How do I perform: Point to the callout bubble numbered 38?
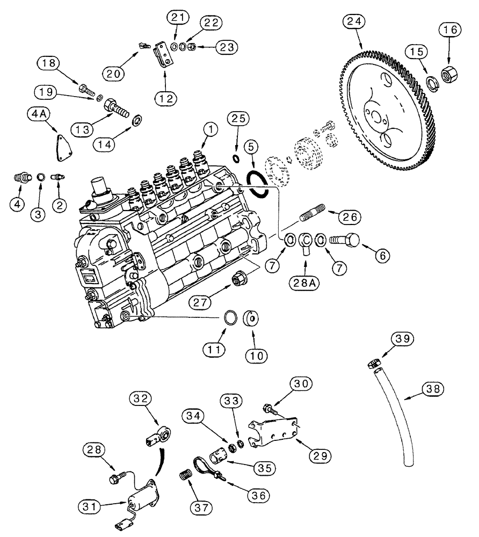pos(434,389)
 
